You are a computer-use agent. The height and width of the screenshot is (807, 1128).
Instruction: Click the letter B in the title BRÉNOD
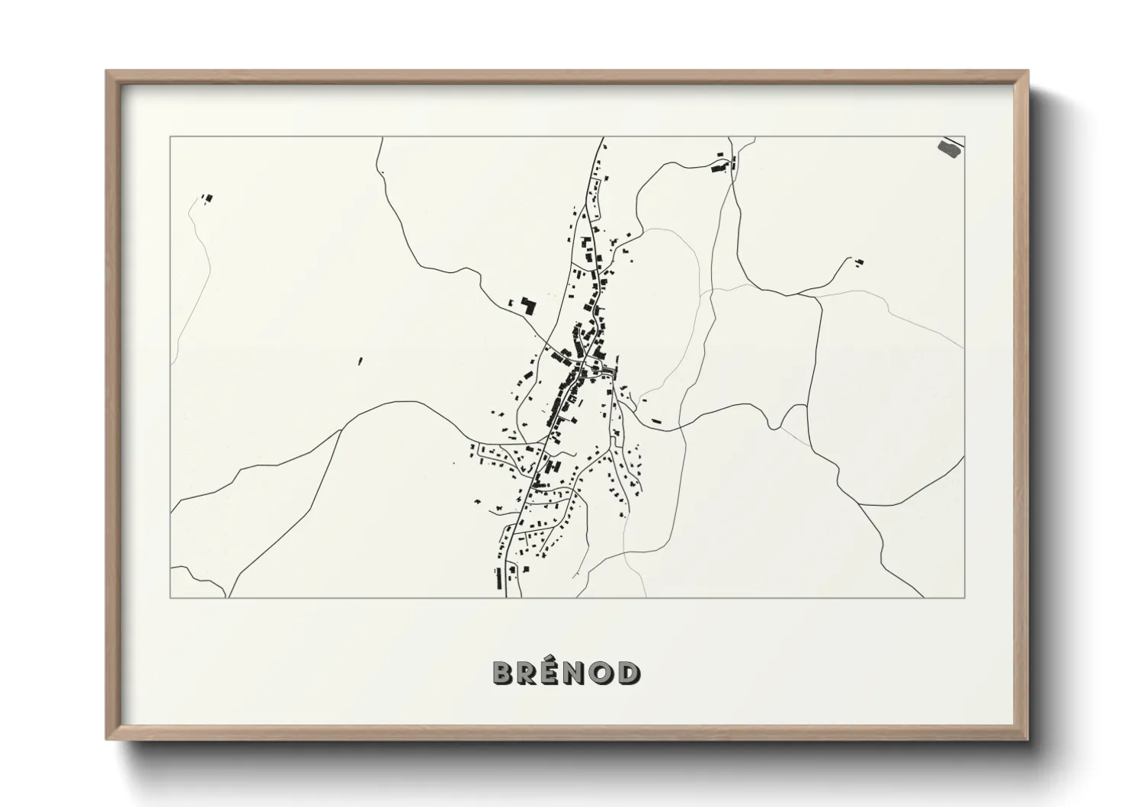click(x=503, y=672)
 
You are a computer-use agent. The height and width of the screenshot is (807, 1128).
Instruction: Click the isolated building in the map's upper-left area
click(x=207, y=198)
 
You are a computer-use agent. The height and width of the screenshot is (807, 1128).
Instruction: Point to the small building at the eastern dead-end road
click(x=859, y=264)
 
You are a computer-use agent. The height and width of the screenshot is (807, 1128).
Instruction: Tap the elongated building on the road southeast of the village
click(x=656, y=420)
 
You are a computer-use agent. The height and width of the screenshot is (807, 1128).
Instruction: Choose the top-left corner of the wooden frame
click(x=107, y=72)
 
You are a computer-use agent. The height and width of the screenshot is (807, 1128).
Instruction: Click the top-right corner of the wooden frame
click(x=1028, y=72)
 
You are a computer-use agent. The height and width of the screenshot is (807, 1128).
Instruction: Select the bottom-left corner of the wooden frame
click(x=107, y=739)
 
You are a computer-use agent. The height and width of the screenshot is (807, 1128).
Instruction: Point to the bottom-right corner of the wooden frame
click(x=1028, y=739)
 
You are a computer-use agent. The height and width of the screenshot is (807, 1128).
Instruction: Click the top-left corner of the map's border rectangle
click(x=170, y=137)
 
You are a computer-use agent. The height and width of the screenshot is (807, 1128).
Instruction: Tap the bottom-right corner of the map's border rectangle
click(x=964, y=597)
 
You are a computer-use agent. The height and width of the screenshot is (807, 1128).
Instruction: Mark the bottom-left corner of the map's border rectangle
click(x=170, y=597)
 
